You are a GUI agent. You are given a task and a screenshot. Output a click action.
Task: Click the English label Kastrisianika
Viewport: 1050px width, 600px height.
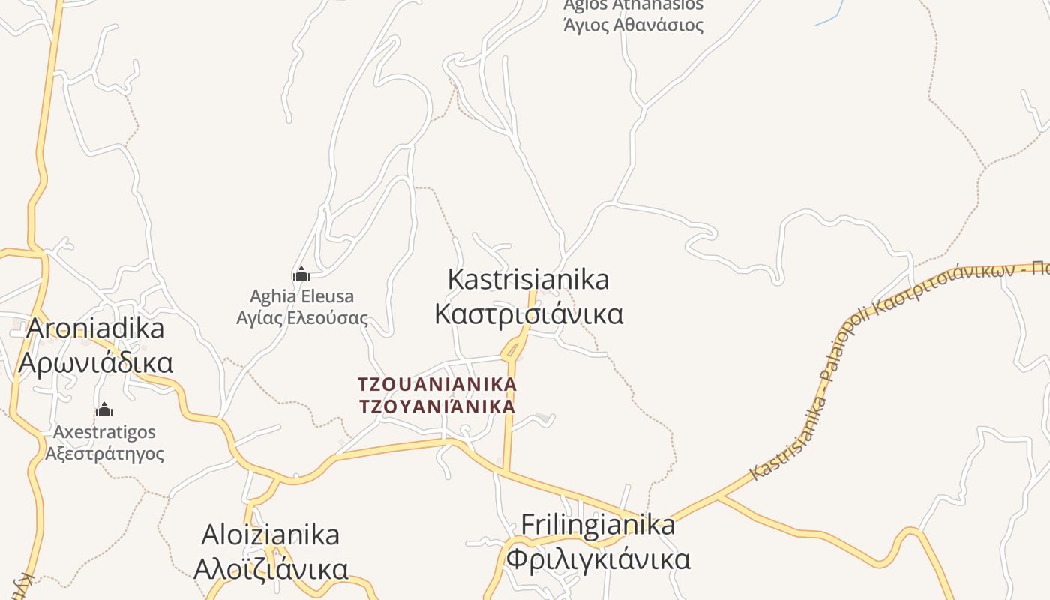coord(528,280)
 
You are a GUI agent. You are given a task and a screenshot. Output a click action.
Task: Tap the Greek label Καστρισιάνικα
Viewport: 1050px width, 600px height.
coord(529,313)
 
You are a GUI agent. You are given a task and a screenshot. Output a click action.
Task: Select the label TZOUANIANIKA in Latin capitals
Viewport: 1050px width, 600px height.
coord(437,385)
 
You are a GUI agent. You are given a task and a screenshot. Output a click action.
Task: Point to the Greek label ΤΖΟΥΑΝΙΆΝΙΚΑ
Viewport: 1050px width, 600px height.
coord(437,407)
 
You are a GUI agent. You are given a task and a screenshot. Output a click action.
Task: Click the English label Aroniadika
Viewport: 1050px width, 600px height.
coord(96,328)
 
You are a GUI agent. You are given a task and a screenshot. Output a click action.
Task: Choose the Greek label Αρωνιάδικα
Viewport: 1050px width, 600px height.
coord(96,362)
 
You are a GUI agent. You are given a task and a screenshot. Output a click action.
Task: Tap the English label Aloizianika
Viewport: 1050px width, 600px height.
coord(271,535)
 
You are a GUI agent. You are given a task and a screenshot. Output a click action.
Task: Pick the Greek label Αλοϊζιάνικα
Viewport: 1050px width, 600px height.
coord(271,568)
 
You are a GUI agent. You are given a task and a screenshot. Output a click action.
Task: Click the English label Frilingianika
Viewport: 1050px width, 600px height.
coord(598,525)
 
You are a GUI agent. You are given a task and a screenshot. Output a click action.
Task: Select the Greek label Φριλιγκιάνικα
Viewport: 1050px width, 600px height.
coord(598,559)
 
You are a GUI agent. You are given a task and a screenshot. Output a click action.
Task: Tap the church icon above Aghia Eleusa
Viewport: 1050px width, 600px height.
coord(301,274)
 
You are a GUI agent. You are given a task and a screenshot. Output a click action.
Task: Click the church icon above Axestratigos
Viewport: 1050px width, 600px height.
coord(104,409)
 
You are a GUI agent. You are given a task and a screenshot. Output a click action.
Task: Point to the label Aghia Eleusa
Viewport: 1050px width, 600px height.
coord(301,296)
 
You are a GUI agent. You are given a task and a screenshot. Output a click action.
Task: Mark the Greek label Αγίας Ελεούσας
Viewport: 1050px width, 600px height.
coord(302,318)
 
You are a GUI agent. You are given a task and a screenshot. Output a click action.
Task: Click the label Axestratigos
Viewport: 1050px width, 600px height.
coord(104,432)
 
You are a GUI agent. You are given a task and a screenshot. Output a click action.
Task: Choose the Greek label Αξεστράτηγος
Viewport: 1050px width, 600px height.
coord(104,454)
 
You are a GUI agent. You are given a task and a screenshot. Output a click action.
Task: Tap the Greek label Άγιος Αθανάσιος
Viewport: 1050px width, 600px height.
coord(634,25)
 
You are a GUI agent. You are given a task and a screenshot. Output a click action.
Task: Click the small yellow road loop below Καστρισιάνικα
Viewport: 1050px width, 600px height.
coord(513,349)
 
